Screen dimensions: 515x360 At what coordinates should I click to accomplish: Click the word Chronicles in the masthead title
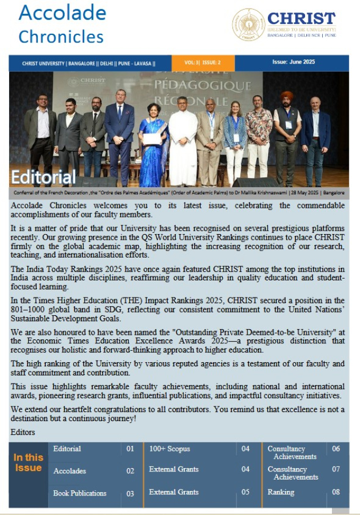point(61,37)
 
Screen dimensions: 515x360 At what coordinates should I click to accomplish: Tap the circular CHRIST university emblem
point(248,25)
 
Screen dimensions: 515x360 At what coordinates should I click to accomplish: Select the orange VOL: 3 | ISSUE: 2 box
point(203,62)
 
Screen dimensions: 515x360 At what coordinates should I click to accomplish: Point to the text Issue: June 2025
point(293,62)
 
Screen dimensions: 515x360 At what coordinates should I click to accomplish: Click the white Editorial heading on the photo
point(43,176)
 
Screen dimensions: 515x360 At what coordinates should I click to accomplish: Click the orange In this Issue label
point(28,462)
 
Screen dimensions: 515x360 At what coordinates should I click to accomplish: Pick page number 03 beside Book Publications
point(130,493)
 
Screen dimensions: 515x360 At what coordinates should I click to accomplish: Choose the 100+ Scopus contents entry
point(169,449)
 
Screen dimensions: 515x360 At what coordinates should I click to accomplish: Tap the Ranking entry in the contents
point(280,492)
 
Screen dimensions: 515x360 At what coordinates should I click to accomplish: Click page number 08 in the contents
point(335,492)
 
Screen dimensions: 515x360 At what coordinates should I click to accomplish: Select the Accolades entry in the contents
point(69,471)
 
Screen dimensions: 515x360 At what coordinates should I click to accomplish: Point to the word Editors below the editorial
point(23,432)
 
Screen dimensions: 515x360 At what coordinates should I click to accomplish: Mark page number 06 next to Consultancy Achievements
point(335,449)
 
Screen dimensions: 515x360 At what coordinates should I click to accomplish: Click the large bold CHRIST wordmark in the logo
point(301,18)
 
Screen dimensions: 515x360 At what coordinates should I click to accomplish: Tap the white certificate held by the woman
point(152,139)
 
